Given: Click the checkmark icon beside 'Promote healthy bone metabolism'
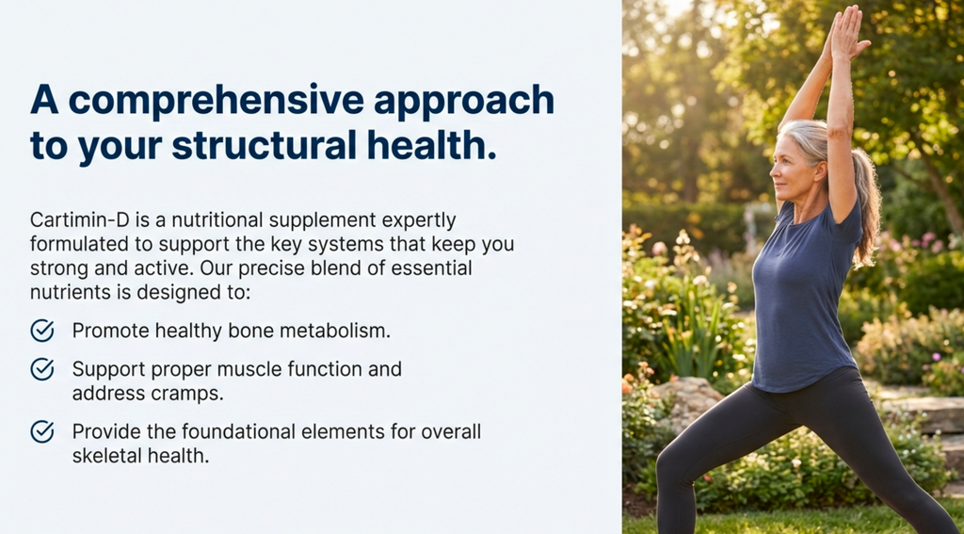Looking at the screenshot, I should [x=42, y=331].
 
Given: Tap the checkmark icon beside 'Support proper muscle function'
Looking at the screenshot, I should [x=42, y=369].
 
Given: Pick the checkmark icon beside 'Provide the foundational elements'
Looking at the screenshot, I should [x=42, y=431].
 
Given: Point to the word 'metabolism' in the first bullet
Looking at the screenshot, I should [x=343, y=331].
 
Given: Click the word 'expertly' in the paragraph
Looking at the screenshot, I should [x=420, y=220].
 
